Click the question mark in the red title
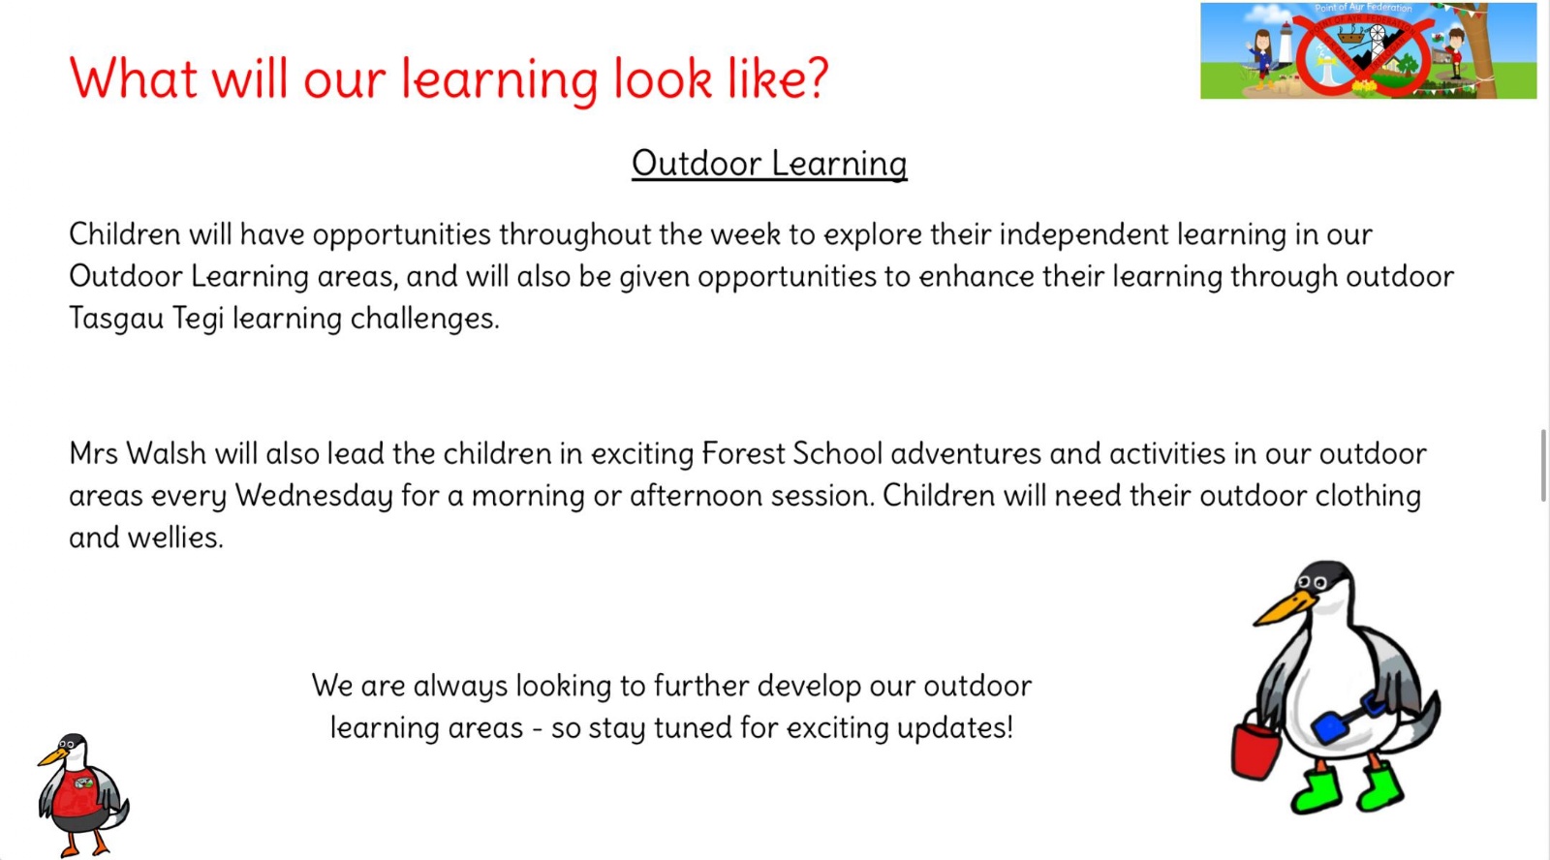[816, 77]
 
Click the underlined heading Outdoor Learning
[769, 164]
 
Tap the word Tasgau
[116, 319]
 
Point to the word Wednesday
[314, 497]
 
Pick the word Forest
[742, 454]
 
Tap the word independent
[1084, 235]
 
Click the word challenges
[424, 319]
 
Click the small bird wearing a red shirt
[82, 795]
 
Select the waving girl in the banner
[1262, 58]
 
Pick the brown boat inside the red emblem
[1350, 35]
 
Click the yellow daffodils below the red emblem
[1365, 86]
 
